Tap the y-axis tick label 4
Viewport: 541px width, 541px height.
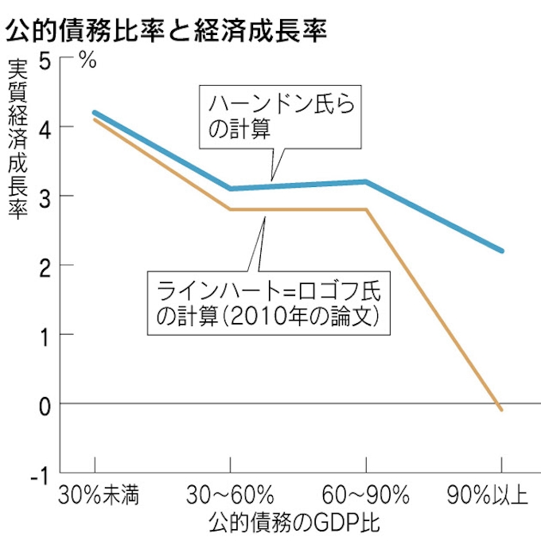point(46,127)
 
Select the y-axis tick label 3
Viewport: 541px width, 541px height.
point(46,197)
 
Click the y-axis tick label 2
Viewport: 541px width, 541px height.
point(46,266)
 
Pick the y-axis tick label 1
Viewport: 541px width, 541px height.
point(46,335)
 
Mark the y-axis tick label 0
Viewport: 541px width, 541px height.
point(46,404)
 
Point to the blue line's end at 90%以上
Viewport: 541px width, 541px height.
point(501,251)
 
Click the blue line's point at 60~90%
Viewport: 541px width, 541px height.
point(366,181)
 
